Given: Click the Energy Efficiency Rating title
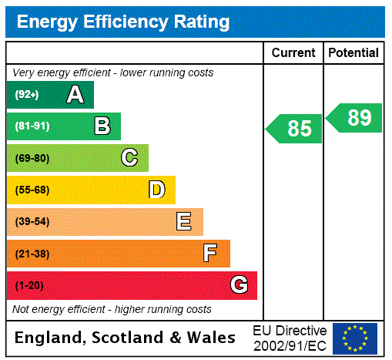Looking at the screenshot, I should click(x=123, y=22).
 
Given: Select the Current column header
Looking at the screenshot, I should click(x=293, y=53).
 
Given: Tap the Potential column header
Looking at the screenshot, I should click(x=353, y=53).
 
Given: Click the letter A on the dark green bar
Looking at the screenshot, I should click(x=75, y=95).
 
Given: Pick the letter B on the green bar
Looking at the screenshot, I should click(x=102, y=126).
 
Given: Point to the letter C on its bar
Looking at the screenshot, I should click(x=129, y=158).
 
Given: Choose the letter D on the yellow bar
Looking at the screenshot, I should click(x=156, y=190).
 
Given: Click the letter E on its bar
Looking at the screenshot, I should click(x=184, y=222).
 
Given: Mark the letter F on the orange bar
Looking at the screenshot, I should click(x=210, y=254).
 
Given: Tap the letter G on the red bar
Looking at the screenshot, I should click(x=239, y=285).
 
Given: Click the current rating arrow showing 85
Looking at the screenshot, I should click(x=295, y=128).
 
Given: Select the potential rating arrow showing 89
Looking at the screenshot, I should click(x=354, y=118).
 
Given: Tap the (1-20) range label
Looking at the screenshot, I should click(x=29, y=286).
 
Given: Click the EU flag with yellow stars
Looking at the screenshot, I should click(x=355, y=338).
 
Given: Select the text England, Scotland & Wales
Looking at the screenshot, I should click(x=125, y=338).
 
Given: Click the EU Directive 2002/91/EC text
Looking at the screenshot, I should click(x=290, y=338).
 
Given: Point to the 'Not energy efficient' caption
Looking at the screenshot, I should click(x=112, y=309).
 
